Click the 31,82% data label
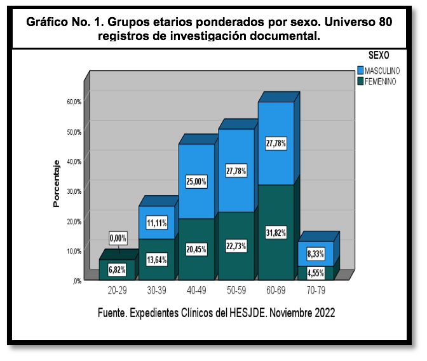pos(276,230)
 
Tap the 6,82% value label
pos(117,269)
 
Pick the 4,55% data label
pos(315,274)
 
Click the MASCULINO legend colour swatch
pos(360,71)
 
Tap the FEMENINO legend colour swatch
pos(360,81)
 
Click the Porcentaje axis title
pos(56,184)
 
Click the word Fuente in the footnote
pos(115,313)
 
